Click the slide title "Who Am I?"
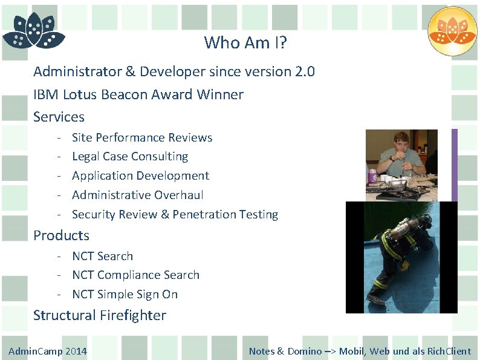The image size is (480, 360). (x=245, y=42)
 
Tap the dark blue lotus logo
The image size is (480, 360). (x=34, y=31)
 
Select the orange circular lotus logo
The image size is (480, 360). (x=452, y=31)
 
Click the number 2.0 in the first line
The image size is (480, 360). (x=305, y=71)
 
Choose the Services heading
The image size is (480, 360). (x=59, y=117)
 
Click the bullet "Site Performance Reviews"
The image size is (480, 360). (x=142, y=137)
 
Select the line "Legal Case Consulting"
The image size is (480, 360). (x=130, y=156)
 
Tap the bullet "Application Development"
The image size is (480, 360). (x=140, y=175)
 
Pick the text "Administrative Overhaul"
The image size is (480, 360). (x=137, y=195)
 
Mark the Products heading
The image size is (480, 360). (x=61, y=235)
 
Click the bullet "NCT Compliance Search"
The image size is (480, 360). (x=135, y=275)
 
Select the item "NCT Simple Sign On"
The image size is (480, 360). (x=125, y=294)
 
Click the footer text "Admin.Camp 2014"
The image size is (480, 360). (x=48, y=351)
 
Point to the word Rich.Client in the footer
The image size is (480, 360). (x=449, y=351)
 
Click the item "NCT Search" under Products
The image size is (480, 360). (x=102, y=256)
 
